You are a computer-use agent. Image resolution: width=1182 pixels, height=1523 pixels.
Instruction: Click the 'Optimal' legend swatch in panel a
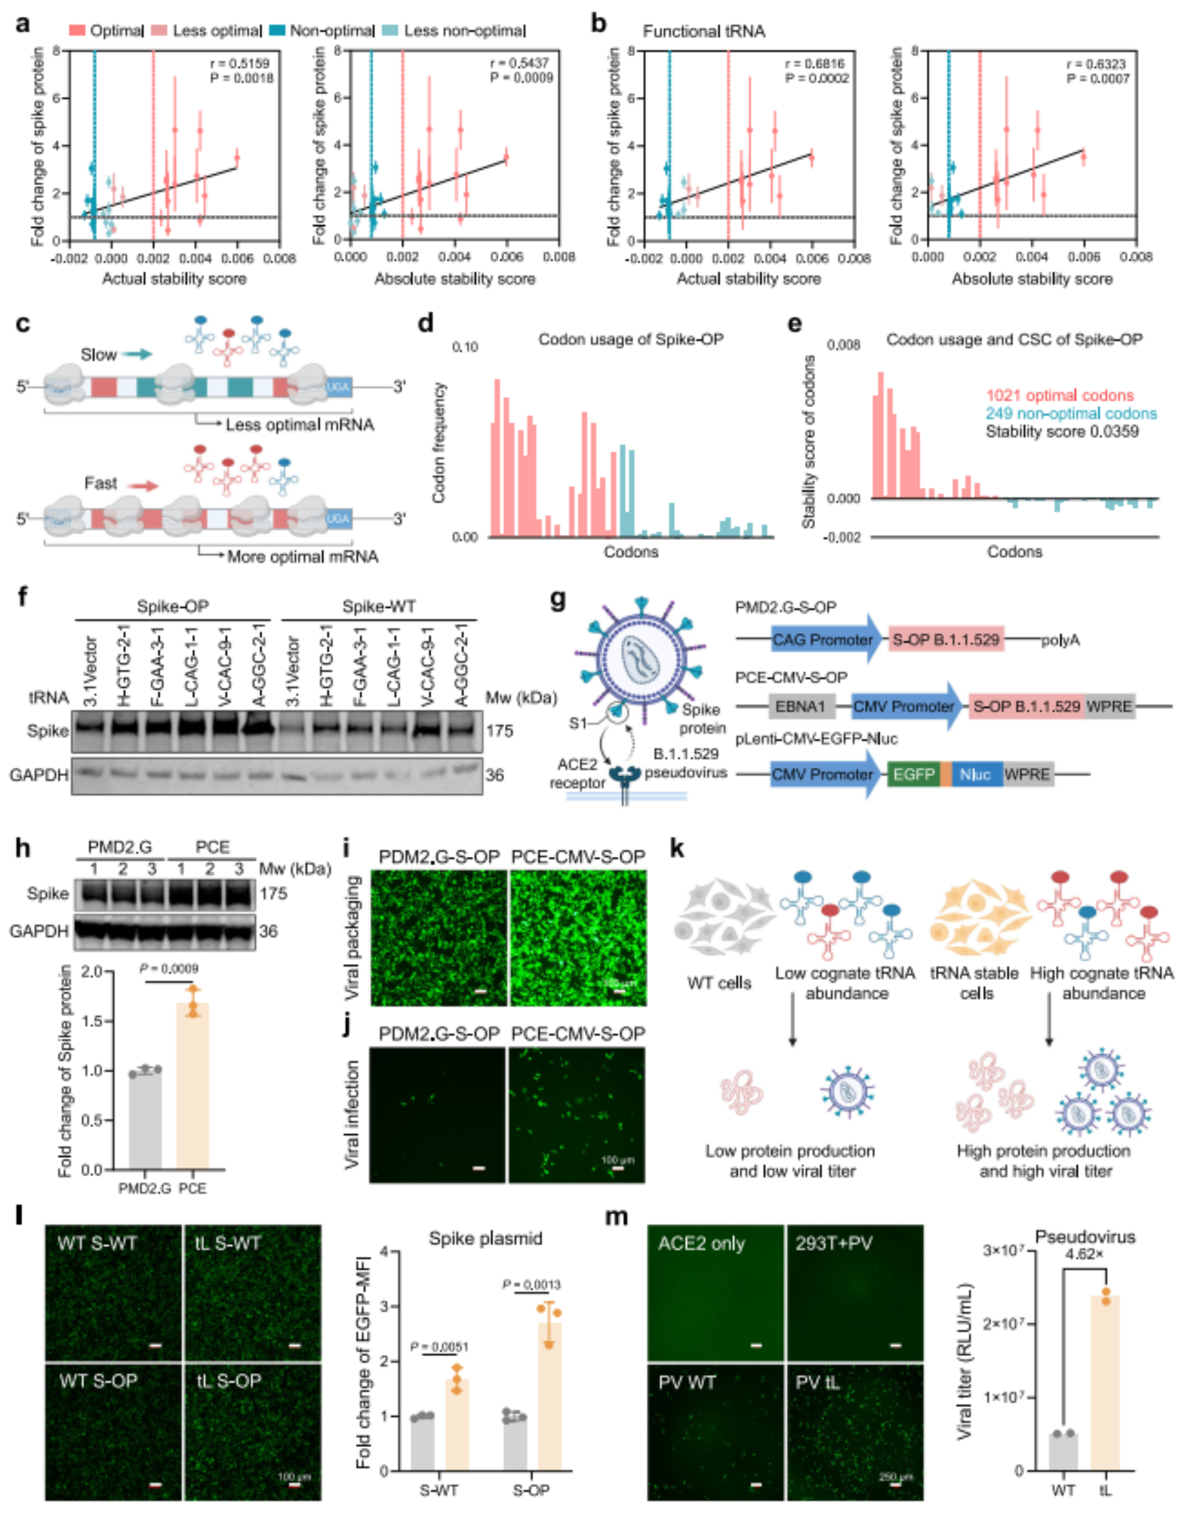click(x=77, y=31)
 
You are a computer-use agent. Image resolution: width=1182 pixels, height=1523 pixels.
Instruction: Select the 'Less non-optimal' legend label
click(x=464, y=31)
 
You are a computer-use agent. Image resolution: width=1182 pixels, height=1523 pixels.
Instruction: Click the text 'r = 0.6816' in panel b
click(x=816, y=64)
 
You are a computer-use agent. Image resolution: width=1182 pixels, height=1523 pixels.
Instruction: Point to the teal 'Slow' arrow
click(x=136, y=354)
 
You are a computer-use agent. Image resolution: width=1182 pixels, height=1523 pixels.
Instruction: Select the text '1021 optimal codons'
click(x=1059, y=396)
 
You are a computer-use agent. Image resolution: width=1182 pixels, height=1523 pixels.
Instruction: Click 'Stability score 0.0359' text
click(x=1061, y=431)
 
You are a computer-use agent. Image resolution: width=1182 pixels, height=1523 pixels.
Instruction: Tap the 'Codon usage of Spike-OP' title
click(x=630, y=340)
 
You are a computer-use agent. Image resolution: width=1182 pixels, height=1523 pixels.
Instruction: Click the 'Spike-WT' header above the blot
click(x=379, y=606)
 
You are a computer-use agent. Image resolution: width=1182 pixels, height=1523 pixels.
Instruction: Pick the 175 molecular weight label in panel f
click(x=499, y=731)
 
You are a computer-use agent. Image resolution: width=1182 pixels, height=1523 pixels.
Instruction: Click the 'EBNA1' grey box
click(x=801, y=706)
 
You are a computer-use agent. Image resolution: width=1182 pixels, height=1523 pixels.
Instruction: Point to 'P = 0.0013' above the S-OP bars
click(x=531, y=1285)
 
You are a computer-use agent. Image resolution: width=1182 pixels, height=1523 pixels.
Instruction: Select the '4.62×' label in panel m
click(x=1084, y=1254)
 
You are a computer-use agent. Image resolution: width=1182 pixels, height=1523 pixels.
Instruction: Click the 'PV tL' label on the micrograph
click(x=817, y=1383)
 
